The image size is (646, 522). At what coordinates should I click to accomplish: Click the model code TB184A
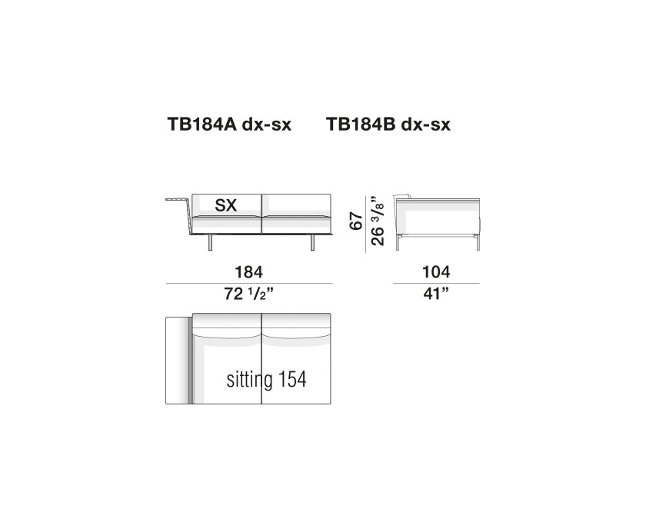(x=202, y=124)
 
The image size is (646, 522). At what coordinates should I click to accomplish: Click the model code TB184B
(x=361, y=124)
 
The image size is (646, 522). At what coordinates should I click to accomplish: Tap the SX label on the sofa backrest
(x=226, y=204)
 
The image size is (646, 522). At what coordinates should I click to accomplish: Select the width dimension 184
(x=249, y=272)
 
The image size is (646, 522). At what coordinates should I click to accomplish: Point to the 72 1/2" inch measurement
(x=249, y=294)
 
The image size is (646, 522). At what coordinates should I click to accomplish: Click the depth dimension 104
(x=436, y=272)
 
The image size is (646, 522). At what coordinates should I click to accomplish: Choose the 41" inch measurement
(x=436, y=294)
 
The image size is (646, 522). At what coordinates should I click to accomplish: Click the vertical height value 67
(x=356, y=221)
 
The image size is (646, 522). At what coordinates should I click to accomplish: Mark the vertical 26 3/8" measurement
(x=378, y=221)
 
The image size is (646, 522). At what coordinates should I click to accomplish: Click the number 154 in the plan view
(x=292, y=380)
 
